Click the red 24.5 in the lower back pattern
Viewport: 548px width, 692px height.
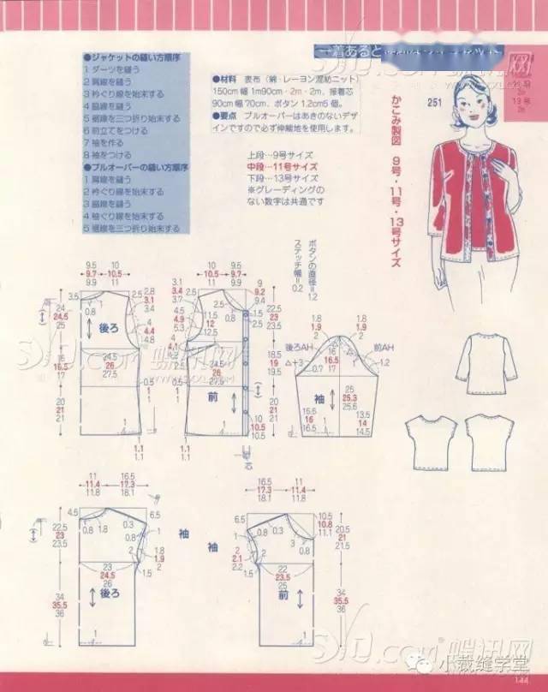point(108,576)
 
